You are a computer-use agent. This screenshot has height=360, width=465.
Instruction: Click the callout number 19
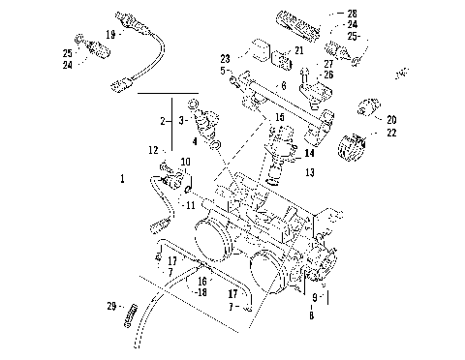click(x=110, y=34)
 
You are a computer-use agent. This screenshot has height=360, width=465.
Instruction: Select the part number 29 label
click(x=111, y=307)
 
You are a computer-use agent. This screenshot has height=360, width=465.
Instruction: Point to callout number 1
click(x=122, y=179)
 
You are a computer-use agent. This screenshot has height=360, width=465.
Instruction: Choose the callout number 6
click(x=284, y=86)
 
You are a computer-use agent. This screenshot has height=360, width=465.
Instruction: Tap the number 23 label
click(x=225, y=58)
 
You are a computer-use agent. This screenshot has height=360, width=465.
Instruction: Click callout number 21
click(x=298, y=50)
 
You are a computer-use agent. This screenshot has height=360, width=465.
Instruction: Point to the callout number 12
click(x=152, y=149)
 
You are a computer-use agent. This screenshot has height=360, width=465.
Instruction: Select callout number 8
click(x=311, y=315)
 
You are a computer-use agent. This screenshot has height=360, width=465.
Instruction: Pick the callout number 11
click(x=191, y=205)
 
